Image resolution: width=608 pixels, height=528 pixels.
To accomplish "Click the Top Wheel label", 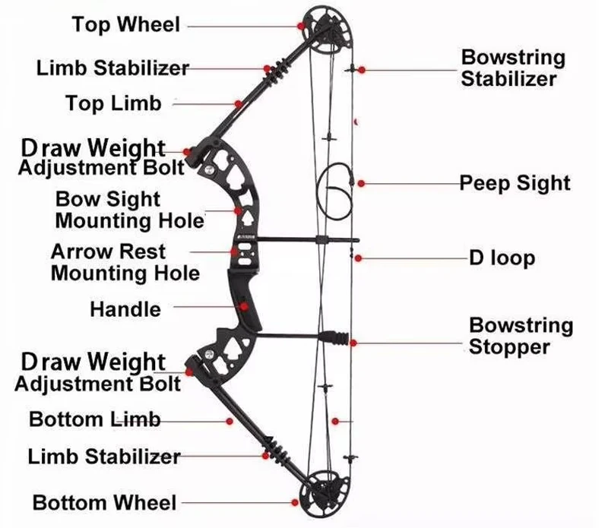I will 126,25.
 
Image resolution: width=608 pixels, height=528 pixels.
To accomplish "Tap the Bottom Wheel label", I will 104,502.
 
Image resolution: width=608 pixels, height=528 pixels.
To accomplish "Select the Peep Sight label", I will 515,183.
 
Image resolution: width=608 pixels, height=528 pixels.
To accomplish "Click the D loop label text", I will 501,258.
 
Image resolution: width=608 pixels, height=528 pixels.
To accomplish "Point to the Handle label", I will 125,309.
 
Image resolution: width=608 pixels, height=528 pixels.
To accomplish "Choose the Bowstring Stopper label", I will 521,337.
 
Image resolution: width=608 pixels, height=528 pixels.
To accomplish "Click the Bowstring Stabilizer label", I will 513,68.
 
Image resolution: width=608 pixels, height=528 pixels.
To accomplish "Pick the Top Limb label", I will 113,103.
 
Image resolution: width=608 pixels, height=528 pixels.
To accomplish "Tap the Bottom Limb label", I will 94,419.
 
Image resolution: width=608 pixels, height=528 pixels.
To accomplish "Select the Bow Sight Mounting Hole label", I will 129,210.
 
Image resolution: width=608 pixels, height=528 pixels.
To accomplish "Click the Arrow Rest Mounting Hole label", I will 125,261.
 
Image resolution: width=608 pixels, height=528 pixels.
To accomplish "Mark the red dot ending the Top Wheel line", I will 302,26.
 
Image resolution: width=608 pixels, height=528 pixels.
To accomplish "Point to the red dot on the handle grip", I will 243,308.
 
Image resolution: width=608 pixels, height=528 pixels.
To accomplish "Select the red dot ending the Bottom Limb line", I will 229,420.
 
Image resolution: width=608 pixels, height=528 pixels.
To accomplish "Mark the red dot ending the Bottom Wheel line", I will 294,502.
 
